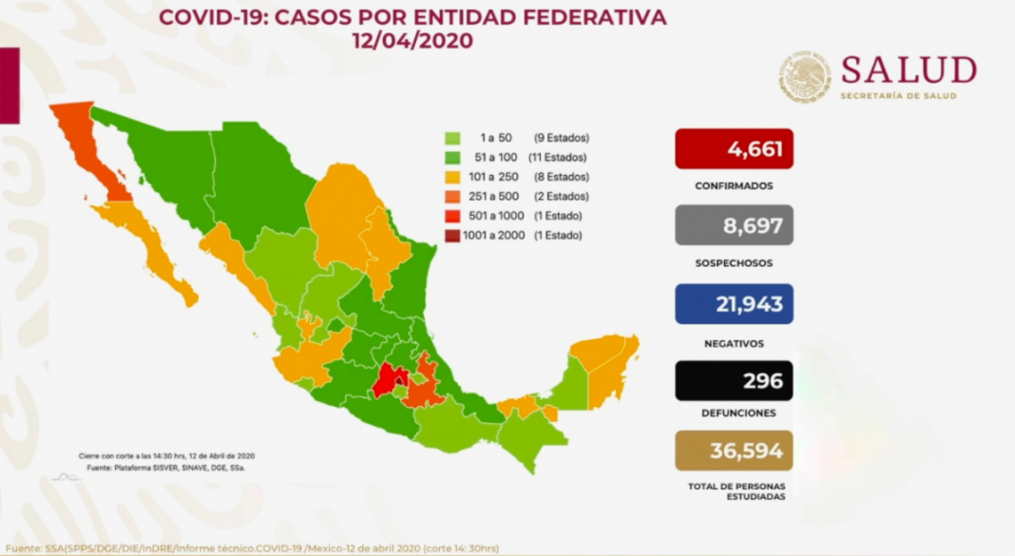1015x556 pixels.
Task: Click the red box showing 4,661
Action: (x=734, y=148)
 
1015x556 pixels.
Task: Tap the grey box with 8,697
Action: (x=734, y=224)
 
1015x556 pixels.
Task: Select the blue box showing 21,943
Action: (x=734, y=303)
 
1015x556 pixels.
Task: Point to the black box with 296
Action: (x=734, y=380)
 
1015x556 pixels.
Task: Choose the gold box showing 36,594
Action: (x=734, y=451)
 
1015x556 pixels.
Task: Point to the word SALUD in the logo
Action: (x=909, y=69)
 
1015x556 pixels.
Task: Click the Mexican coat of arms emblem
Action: (x=805, y=77)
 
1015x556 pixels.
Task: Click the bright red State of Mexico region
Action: (x=385, y=382)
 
